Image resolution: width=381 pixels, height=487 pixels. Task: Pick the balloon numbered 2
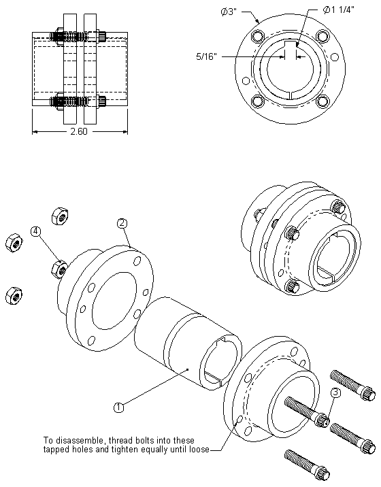[x=122, y=222]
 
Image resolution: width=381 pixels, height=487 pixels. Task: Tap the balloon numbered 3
[x=335, y=393]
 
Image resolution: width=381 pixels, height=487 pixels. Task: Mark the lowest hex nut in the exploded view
[x=12, y=295]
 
